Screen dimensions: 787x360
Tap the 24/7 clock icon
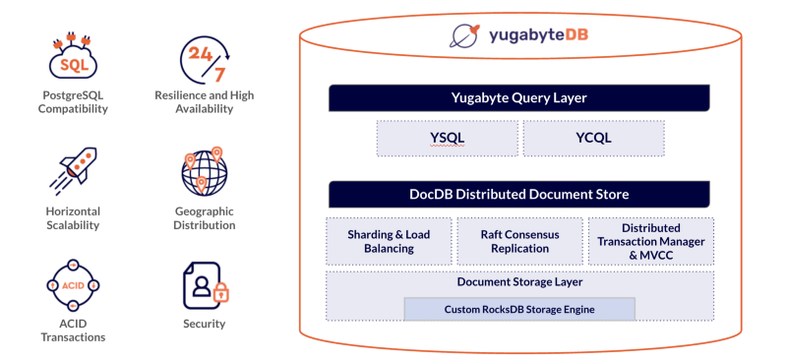click(x=205, y=59)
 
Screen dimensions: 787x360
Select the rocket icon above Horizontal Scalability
click(x=74, y=171)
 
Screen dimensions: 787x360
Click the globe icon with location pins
click(x=204, y=170)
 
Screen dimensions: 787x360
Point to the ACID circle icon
click(x=72, y=285)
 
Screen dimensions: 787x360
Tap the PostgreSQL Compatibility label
click(x=73, y=102)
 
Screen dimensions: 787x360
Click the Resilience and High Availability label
click(x=205, y=102)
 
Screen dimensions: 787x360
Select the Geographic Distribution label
click(x=205, y=218)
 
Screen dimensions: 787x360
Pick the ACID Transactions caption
click(x=73, y=330)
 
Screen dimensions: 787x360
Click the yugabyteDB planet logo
click(x=464, y=35)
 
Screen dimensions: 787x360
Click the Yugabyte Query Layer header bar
click(x=519, y=98)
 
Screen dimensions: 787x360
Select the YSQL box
click(x=448, y=138)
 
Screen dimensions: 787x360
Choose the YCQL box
click(x=594, y=138)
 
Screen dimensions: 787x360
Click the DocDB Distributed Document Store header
click(x=519, y=195)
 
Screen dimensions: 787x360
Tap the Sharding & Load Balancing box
click(x=389, y=241)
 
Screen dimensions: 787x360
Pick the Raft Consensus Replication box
click(x=520, y=241)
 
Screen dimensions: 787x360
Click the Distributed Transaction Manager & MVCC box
click(x=651, y=241)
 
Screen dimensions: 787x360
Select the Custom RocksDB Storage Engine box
click(x=519, y=309)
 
